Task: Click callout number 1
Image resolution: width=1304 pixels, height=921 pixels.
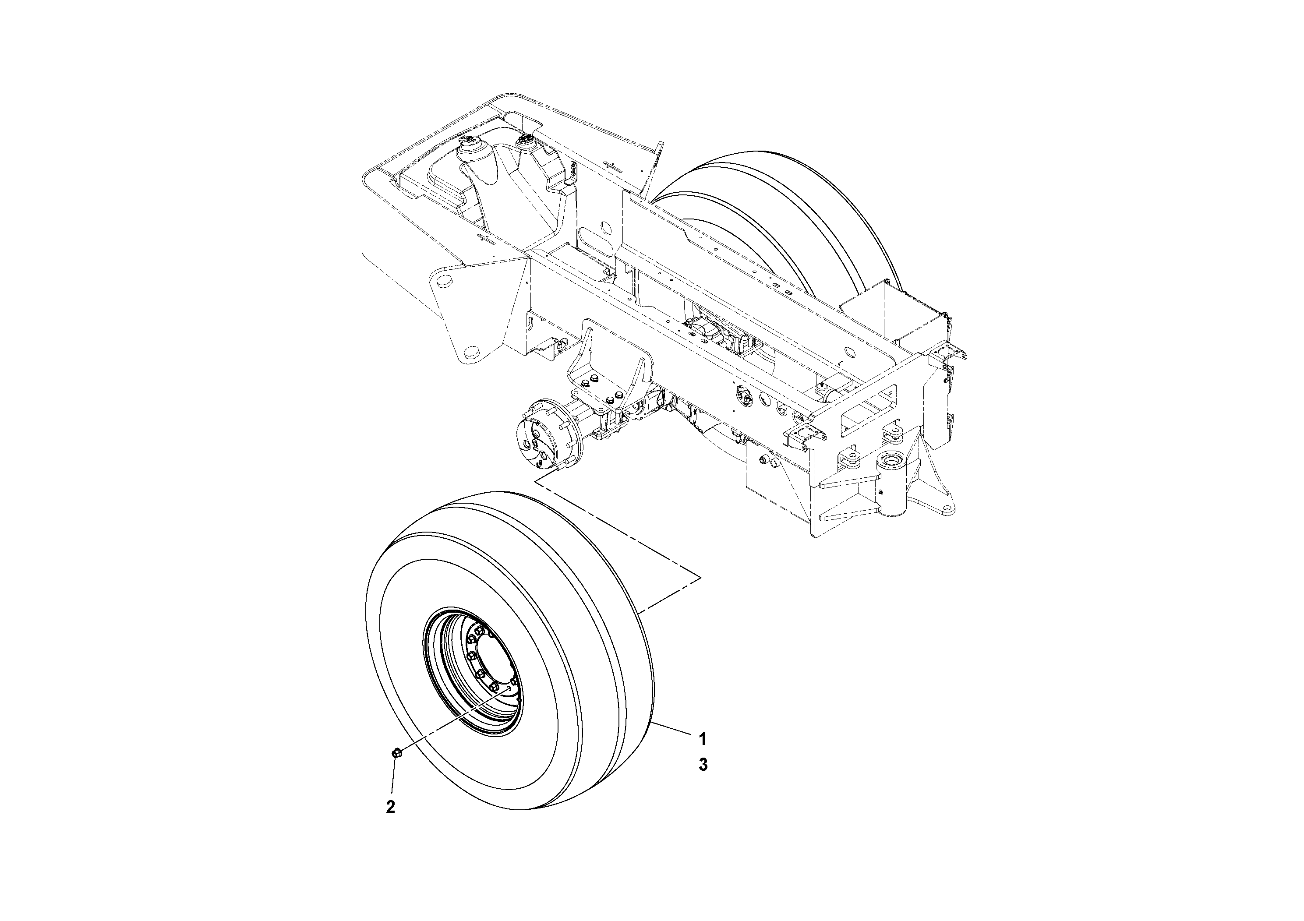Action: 703,739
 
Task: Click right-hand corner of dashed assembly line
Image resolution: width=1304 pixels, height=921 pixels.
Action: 701,577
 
